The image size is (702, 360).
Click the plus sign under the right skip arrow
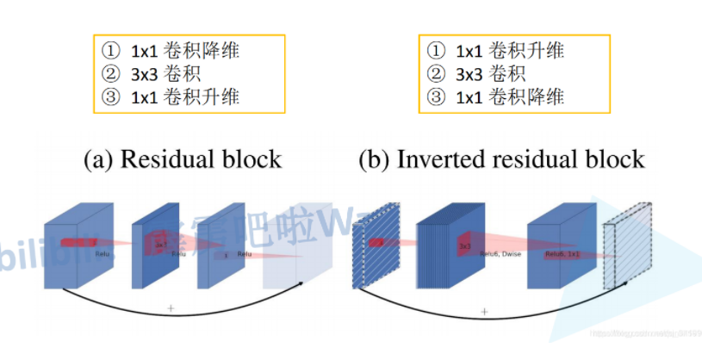point(484,311)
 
